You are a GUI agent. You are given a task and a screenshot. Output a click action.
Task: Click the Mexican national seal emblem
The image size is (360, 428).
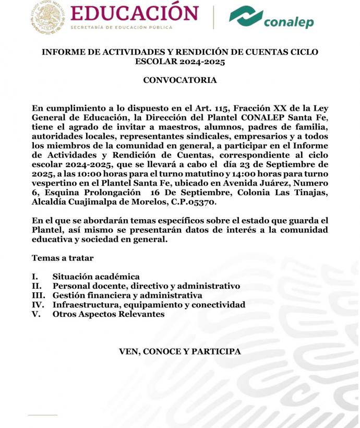click(x=47, y=17)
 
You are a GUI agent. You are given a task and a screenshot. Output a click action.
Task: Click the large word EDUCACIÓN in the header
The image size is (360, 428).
click(x=134, y=13)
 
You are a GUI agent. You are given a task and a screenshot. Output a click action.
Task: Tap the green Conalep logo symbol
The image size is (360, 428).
click(x=246, y=17)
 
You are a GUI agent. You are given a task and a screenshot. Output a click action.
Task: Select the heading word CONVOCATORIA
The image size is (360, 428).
click(x=179, y=80)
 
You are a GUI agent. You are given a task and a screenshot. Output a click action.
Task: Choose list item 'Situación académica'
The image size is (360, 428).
click(x=96, y=277)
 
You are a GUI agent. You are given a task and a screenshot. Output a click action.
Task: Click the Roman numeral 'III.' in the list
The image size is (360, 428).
click(x=40, y=295)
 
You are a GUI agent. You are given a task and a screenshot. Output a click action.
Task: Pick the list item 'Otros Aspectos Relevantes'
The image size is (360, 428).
click(x=109, y=314)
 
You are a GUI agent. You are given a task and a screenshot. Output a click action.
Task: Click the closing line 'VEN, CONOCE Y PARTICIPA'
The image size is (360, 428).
click(x=180, y=352)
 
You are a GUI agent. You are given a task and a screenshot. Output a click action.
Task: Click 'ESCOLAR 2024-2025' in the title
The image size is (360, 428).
click(x=179, y=62)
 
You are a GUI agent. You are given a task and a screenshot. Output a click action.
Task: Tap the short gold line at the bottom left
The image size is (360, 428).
click(x=42, y=415)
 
